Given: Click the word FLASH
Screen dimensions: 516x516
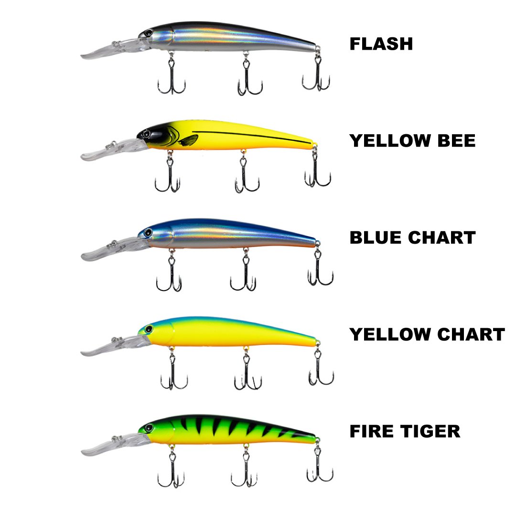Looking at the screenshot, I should [381, 44].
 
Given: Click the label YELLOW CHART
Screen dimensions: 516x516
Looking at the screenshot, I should [427, 334].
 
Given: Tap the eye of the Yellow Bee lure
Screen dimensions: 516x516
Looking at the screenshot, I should [146, 132].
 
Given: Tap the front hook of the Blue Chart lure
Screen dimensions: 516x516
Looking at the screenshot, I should [169, 277].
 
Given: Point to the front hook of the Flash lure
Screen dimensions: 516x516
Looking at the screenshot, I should [171, 79].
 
